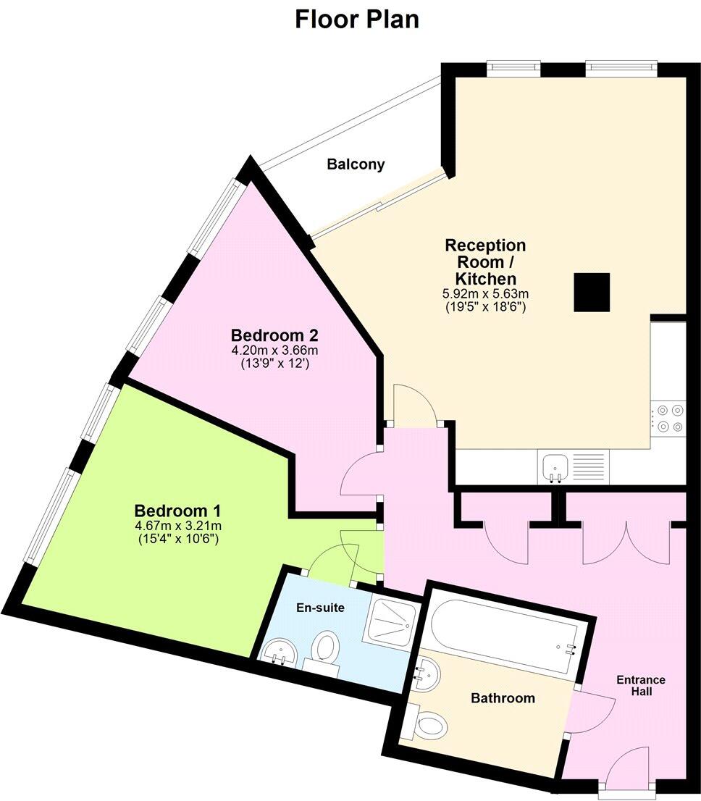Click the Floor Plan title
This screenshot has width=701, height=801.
tap(357, 20)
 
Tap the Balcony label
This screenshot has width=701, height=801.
tap(356, 164)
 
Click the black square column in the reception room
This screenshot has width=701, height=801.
tap(592, 292)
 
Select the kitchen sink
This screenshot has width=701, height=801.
tap(556, 465)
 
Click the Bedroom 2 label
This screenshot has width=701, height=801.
tap(274, 336)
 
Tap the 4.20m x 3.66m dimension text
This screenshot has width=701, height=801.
tap(274, 351)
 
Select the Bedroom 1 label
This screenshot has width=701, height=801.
tap(178, 508)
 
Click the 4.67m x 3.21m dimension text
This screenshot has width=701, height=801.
tap(178, 525)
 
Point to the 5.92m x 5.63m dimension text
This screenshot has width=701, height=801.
tap(485, 294)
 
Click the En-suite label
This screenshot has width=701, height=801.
tap(319, 608)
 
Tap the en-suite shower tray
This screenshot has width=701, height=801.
tap(392, 620)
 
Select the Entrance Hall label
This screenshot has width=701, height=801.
tap(641, 685)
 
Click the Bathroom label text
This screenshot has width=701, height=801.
tap(503, 698)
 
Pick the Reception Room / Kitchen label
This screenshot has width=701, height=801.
tap(485, 261)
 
